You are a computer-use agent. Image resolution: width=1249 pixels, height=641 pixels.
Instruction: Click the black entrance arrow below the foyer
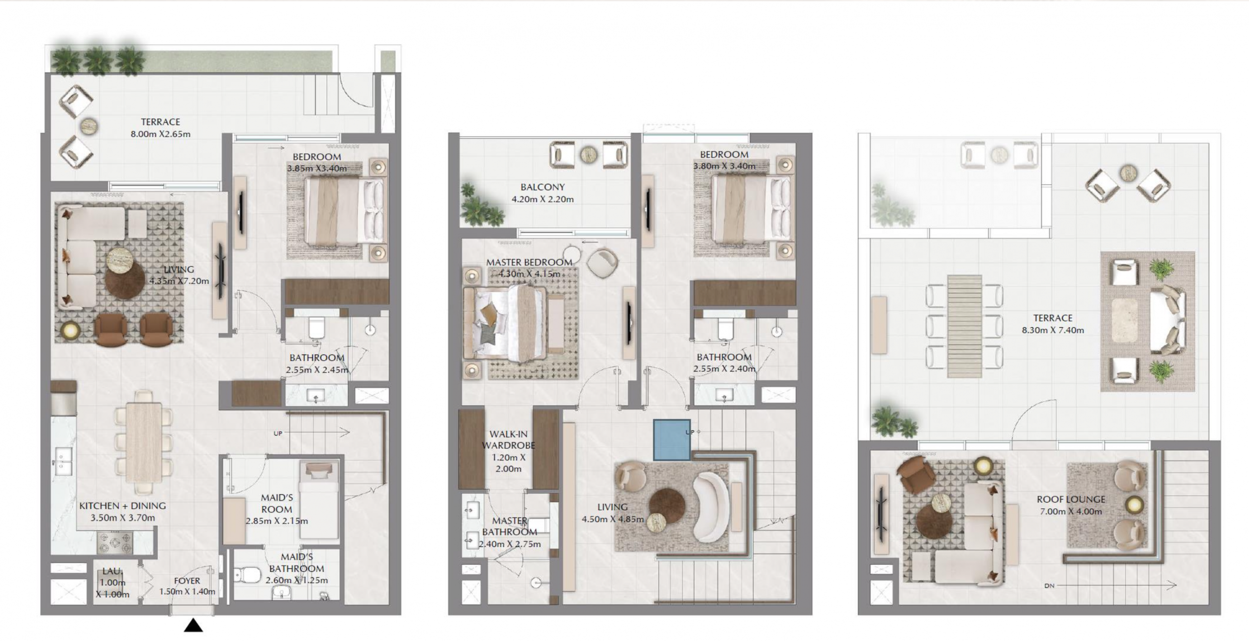pyautogui.click(x=193, y=625)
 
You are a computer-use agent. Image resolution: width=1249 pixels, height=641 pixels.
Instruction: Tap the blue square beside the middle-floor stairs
pyautogui.click(x=672, y=440)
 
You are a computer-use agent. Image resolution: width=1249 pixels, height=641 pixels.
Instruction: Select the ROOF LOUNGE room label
pyautogui.click(x=1071, y=499)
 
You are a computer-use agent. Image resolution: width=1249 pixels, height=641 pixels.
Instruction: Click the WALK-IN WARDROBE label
pyautogui.click(x=508, y=440)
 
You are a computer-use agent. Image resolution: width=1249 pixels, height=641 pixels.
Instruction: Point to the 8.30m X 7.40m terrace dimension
pyautogui.click(x=1053, y=330)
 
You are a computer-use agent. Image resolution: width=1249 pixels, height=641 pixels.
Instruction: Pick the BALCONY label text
pyautogui.click(x=542, y=187)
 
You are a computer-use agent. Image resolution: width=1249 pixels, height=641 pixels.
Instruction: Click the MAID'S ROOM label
pyautogui.click(x=277, y=503)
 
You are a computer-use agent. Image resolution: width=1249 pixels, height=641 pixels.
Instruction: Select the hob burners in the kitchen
pyautogui.click(x=115, y=543)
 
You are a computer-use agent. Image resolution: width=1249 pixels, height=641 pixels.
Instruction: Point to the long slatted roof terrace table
pyautogui.click(x=964, y=326)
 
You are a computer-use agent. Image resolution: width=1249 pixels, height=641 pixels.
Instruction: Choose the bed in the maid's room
pyautogui.click(x=319, y=500)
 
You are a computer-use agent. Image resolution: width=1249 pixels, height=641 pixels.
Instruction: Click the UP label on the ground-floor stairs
pyautogui.click(x=278, y=433)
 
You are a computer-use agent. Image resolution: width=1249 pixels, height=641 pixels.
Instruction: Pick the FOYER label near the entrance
pyautogui.click(x=187, y=581)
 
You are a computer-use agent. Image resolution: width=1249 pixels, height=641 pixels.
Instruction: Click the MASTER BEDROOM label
pyautogui.click(x=529, y=262)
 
